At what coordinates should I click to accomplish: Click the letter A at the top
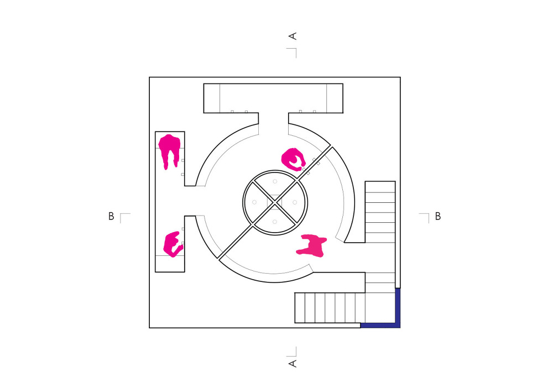pyautogui.click(x=293, y=36)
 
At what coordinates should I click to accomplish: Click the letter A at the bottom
pyautogui.click(x=293, y=364)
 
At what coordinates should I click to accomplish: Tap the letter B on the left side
pyautogui.click(x=111, y=216)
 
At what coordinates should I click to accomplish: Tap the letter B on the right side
pyautogui.click(x=437, y=216)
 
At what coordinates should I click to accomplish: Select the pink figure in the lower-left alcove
pyautogui.click(x=173, y=244)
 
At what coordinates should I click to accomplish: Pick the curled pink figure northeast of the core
pyautogui.click(x=293, y=159)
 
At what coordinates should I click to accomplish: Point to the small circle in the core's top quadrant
pyautogui.click(x=275, y=182)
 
